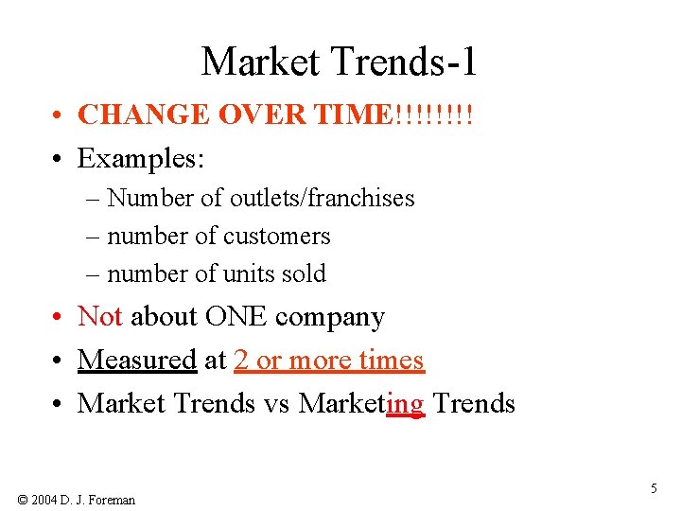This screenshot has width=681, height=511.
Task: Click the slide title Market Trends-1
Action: coord(340,62)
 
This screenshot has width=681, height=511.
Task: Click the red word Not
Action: coord(99,316)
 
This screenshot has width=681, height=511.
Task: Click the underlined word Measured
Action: coord(136,360)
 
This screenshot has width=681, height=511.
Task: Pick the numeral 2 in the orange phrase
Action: coord(240,360)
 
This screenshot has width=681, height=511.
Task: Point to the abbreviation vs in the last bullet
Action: coord(277,403)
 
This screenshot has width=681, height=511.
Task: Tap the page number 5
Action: coord(654,488)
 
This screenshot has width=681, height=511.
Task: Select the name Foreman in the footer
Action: coord(113,499)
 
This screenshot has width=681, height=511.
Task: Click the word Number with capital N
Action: coord(140,198)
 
